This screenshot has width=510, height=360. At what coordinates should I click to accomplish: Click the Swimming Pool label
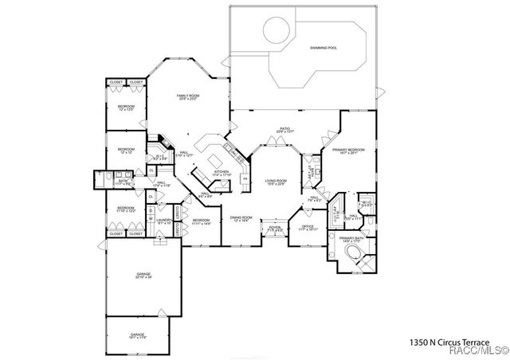click(324, 49)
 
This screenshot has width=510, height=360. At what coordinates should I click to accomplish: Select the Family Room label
click(188, 96)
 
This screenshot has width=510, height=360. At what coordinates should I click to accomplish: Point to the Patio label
click(284, 129)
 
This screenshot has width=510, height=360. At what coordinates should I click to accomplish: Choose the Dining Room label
click(241, 219)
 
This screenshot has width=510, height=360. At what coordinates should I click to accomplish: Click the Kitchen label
click(222, 173)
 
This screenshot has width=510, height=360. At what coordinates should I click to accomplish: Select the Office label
click(308, 228)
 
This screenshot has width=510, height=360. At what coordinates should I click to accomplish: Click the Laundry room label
click(164, 221)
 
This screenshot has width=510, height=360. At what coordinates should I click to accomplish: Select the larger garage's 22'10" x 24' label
click(143, 276)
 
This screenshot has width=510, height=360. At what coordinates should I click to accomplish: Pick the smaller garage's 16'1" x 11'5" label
click(139, 337)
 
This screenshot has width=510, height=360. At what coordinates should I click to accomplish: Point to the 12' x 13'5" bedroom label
click(127, 108)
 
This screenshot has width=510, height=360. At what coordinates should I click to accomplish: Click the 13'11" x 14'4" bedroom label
click(201, 222)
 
